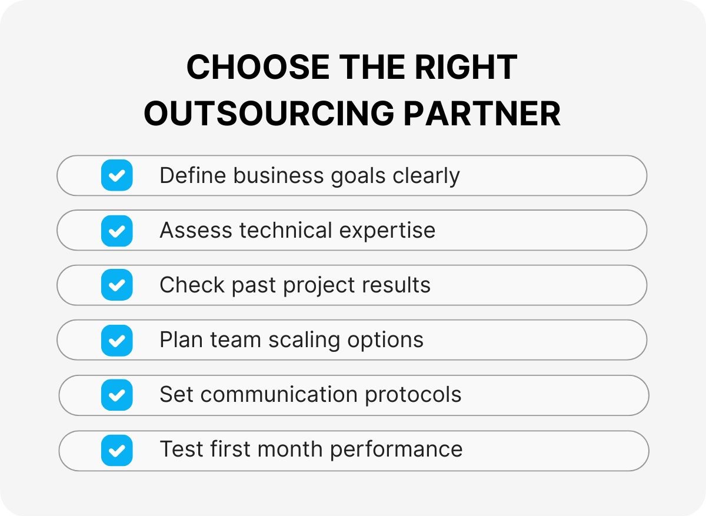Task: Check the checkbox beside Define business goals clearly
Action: [116, 175]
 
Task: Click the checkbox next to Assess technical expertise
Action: [116, 230]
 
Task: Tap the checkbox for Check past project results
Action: [116, 285]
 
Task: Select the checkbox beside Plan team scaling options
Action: [116, 340]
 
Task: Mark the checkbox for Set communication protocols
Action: [116, 395]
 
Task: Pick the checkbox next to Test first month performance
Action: [116, 450]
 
